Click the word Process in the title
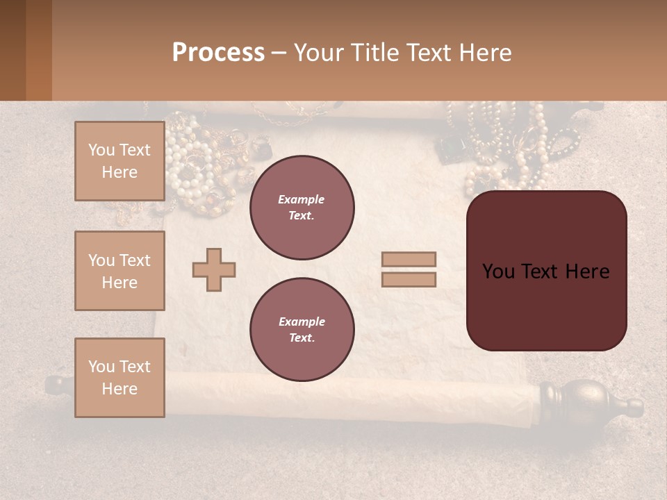(218, 53)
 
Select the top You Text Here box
(120, 161)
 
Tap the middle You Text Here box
(120, 271)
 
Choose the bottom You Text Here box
(120, 378)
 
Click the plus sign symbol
(214, 269)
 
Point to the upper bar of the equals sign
(409, 259)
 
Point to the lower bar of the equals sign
(409, 280)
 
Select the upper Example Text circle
(302, 208)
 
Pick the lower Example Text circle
(302, 330)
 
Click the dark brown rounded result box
(546, 271)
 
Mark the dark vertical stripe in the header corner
(38, 50)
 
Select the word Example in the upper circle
(302, 199)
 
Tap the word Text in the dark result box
(541, 272)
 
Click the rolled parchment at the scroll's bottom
(347, 399)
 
